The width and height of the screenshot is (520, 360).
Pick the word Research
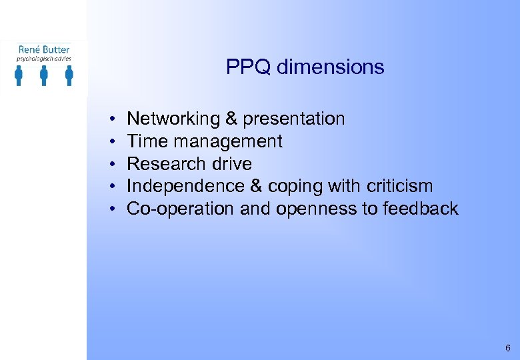pyautogui.click(x=162, y=164)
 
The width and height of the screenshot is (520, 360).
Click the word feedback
pyautogui.click(x=421, y=209)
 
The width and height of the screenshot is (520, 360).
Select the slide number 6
pyautogui.click(x=508, y=349)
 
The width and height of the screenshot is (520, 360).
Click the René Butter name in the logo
pyautogui.click(x=44, y=49)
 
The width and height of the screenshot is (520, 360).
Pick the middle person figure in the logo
pyautogui.click(x=44, y=75)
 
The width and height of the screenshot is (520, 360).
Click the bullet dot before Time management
pyautogui.click(x=114, y=142)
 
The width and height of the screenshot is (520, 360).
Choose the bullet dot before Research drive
pyautogui.click(x=114, y=164)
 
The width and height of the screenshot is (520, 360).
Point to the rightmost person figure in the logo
pyautogui.click(x=69, y=75)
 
